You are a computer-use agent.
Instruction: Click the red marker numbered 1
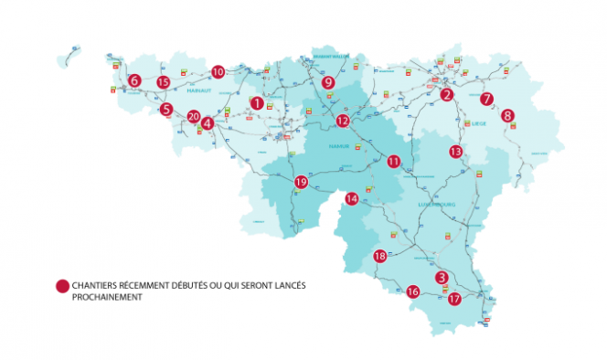[257, 103]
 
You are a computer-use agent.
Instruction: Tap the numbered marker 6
[134, 80]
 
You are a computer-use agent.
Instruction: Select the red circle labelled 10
[218, 71]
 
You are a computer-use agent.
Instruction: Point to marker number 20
[193, 117]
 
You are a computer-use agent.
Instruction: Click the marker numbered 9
[328, 82]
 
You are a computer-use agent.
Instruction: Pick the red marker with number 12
[342, 121]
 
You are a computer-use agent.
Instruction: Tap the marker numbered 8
[507, 116]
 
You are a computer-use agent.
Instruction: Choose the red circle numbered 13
[456, 151]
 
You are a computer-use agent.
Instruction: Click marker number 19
[301, 182]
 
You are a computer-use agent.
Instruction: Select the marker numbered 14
[352, 198]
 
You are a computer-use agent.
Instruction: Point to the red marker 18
[380, 257]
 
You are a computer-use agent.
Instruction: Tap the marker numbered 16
[412, 291]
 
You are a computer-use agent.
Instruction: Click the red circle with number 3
[442, 277]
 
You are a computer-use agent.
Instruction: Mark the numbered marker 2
[447, 94]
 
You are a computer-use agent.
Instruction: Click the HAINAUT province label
[198, 91]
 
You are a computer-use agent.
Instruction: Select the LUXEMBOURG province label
[437, 206]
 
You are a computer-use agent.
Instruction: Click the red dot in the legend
[62, 286]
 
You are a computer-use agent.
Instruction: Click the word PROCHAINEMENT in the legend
[105, 297]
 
